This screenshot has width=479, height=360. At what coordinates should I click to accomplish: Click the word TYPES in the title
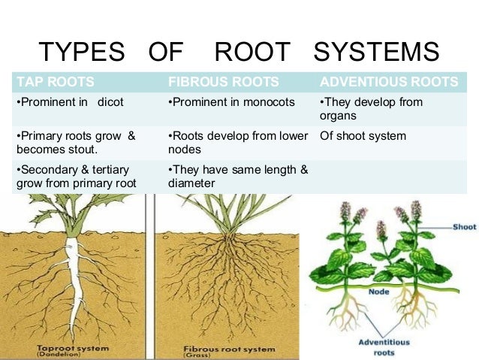pos(82,53)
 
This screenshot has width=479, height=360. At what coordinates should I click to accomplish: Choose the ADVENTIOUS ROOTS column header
pos(388,82)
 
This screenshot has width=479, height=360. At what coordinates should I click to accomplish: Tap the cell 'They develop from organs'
pos(371,109)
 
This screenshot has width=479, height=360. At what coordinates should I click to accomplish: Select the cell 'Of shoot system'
pos(363,136)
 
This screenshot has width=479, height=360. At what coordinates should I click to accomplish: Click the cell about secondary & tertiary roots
pos(75,177)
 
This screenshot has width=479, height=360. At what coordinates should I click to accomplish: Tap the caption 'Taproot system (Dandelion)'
pos(72,351)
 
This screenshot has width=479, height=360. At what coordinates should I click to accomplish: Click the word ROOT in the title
pos(252,53)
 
